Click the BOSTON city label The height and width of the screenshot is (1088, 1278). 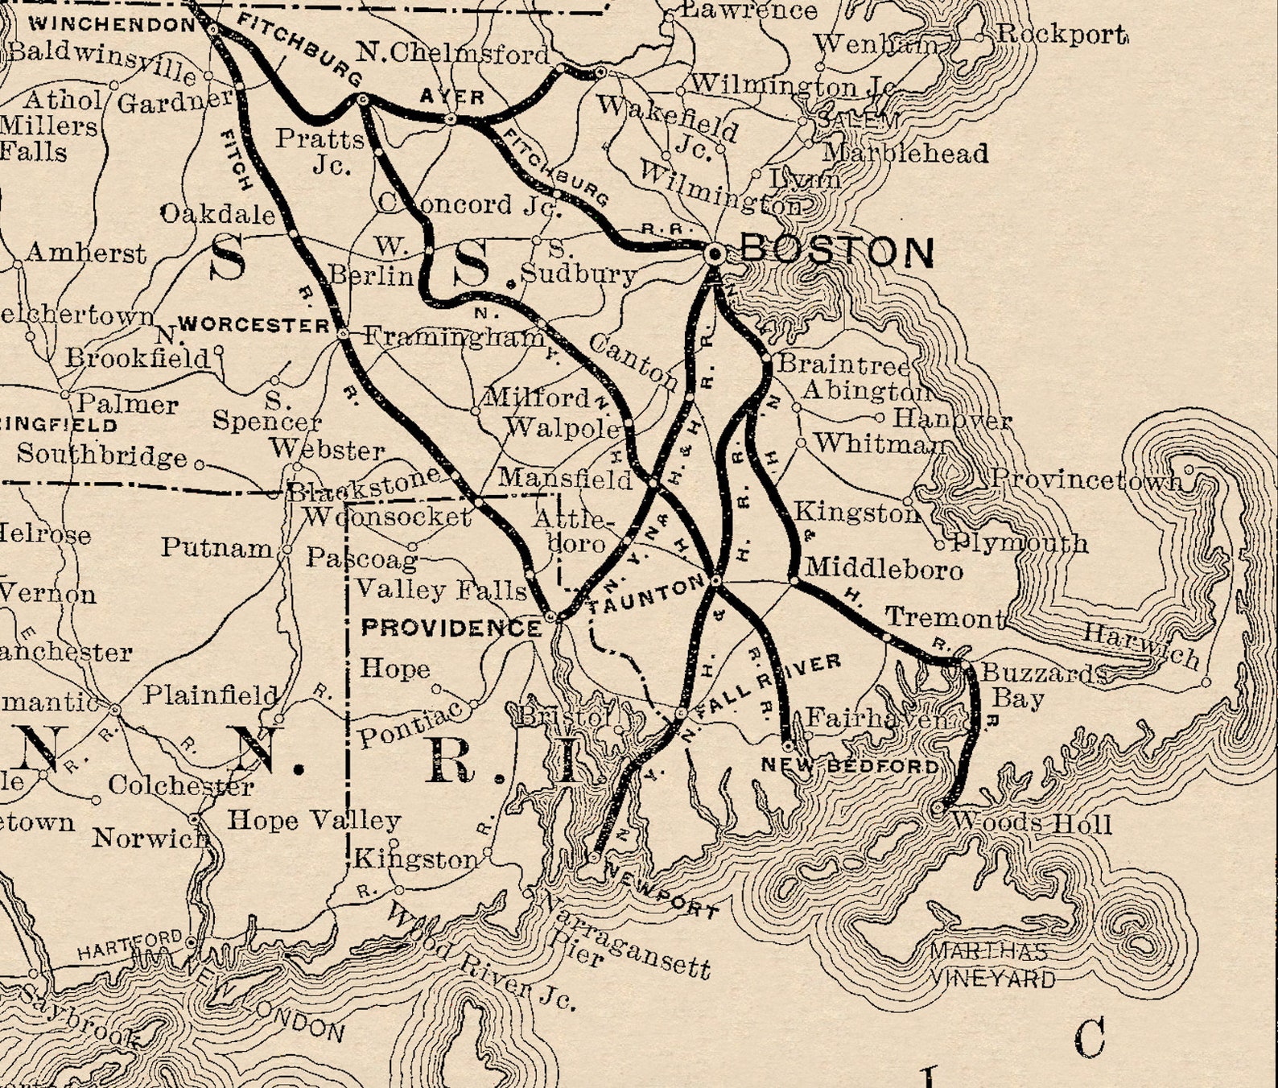[x=837, y=252]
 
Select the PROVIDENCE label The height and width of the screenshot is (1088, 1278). [x=451, y=628]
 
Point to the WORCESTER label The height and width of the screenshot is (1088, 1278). [x=254, y=325]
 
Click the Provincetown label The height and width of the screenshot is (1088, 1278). [x=1086, y=479]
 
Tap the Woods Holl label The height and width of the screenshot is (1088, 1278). [x=1032, y=823]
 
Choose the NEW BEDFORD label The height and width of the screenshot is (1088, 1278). [x=850, y=765]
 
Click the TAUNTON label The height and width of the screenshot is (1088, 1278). [x=646, y=597]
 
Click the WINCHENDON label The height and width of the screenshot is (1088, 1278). [x=113, y=23]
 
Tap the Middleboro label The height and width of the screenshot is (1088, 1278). [x=884, y=569]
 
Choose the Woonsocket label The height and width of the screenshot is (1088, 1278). [x=387, y=517]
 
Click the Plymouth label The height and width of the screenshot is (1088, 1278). [x=1020, y=543]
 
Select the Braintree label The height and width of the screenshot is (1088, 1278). [x=842, y=364]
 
